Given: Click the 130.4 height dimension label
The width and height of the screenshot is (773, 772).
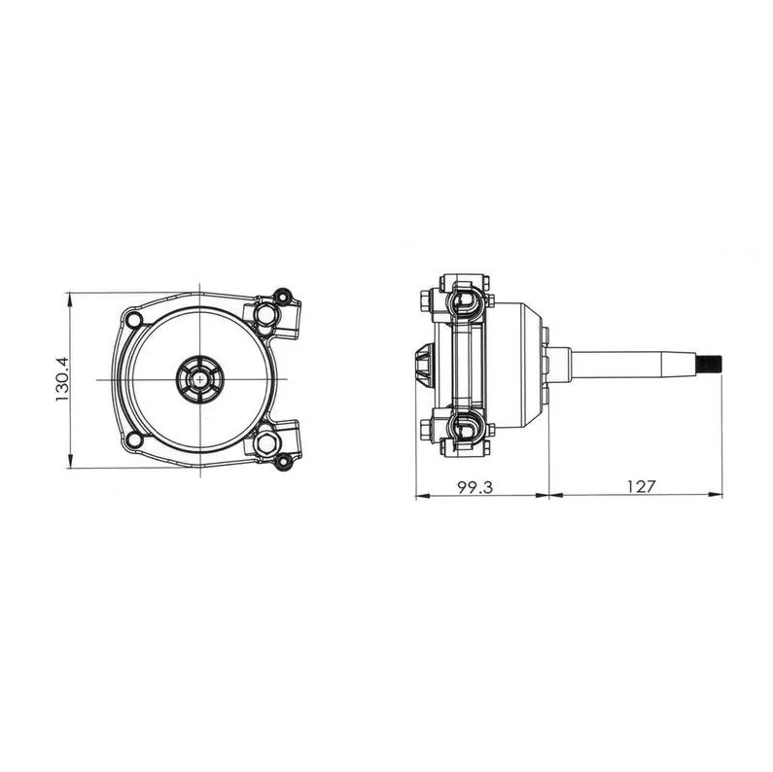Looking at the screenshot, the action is click(x=62, y=379).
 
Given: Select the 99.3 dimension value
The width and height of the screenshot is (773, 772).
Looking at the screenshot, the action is click(x=474, y=487).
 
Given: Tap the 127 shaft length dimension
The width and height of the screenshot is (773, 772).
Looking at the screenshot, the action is click(x=641, y=487).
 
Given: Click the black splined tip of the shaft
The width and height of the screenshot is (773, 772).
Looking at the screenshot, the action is click(x=711, y=365).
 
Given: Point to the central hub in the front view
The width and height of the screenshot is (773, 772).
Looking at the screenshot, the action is click(x=200, y=379).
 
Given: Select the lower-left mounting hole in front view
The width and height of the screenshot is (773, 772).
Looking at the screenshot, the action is click(x=133, y=439).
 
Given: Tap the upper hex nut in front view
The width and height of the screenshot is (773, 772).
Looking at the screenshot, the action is click(x=266, y=312).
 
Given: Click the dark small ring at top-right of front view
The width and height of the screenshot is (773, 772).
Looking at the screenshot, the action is click(x=283, y=297).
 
